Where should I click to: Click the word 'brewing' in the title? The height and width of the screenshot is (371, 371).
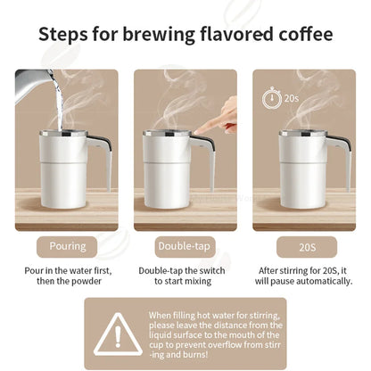159,35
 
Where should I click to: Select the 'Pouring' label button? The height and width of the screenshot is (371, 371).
67,247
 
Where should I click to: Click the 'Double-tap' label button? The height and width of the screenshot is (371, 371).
185,247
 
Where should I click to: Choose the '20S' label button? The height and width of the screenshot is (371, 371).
307,247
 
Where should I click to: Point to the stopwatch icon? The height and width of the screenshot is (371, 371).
272,98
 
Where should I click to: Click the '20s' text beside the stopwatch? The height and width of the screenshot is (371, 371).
292,98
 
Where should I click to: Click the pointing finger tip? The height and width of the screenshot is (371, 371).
196,132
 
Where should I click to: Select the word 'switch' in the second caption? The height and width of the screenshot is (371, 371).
212,271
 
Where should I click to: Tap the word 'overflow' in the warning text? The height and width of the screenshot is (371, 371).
226,345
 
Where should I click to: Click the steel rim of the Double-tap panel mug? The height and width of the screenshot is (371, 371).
167,133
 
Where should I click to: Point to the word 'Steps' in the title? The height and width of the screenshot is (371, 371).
63,35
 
